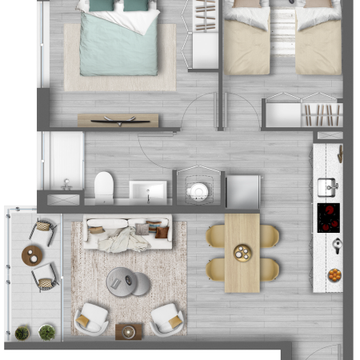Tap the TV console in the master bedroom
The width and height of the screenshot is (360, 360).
click(118, 121)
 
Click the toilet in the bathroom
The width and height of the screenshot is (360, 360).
click(104, 188)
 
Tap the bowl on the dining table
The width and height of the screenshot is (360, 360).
click(242, 253)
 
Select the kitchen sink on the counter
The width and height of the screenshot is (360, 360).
click(327, 187)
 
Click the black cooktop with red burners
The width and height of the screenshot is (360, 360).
click(328, 217)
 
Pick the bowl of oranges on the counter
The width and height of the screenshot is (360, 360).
click(334, 274)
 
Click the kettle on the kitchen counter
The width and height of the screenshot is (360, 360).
click(337, 246)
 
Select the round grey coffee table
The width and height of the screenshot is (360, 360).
click(127, 282)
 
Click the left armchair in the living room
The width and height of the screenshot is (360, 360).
click(91, 318)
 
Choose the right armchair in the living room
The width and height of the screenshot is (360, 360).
click(167, 318)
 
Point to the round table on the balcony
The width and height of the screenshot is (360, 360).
click(33, 255)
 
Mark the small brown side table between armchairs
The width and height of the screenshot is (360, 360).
click(129, 331)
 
